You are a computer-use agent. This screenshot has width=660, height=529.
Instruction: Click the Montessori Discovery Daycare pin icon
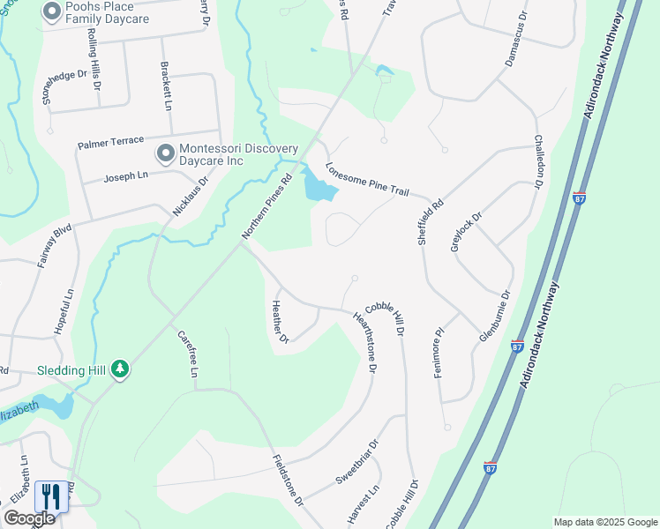point(165,154)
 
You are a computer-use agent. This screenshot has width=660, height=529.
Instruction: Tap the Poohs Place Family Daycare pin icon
point(51,11)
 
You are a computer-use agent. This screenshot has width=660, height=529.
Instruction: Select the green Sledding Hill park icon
point(120,370)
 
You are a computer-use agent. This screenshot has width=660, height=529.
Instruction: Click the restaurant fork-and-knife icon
point(49,497)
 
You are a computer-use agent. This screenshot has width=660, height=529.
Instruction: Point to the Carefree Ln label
point(187,354)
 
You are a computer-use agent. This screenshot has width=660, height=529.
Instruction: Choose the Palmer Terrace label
point(110,143)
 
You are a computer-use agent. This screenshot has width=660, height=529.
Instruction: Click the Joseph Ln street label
point(124,175)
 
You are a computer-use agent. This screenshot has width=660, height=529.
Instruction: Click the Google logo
point(29,518)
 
